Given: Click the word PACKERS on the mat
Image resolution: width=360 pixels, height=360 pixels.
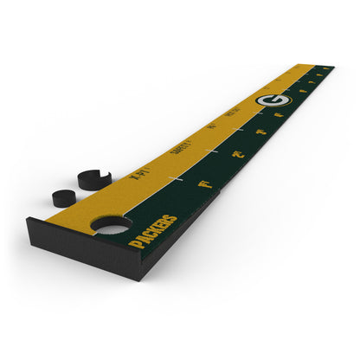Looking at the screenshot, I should point(153,231).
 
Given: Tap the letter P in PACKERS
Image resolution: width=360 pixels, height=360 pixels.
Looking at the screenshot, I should point(134,245).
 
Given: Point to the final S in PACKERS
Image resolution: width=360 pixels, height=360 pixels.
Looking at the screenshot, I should point(173,217).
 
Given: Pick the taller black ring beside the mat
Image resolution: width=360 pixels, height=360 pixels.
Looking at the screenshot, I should point(94,179).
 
